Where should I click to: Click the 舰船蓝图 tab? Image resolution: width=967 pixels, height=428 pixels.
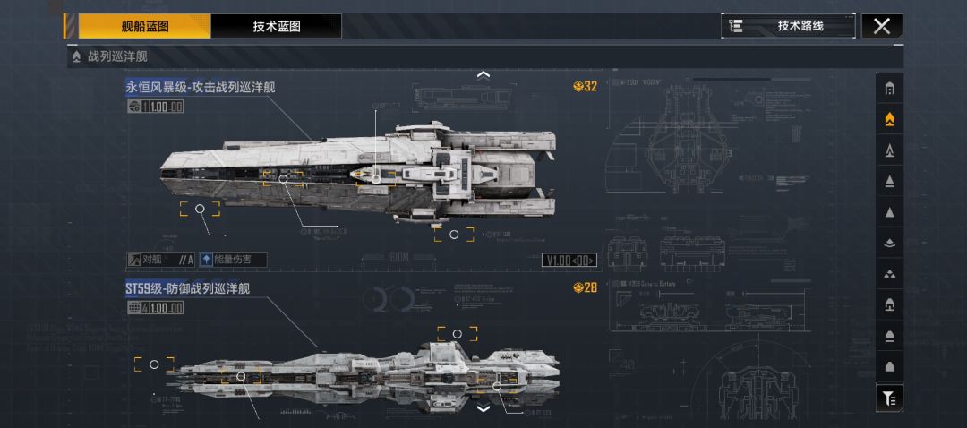(145, 26)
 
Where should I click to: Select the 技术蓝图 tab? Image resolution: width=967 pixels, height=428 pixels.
(276, 26)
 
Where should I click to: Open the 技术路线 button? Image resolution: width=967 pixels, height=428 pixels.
(788, 26)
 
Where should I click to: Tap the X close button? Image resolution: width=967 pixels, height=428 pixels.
(881, 26)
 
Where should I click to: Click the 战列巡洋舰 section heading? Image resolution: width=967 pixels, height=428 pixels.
(117, 56)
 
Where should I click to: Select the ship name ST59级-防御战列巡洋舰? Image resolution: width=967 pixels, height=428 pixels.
(187, 288)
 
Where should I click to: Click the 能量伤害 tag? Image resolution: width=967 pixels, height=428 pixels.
(232, 260)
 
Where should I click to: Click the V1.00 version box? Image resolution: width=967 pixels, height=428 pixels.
(569, 261)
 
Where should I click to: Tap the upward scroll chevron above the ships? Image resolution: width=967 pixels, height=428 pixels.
(483, 75)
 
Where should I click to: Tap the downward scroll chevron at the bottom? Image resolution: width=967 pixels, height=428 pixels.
(483, 408)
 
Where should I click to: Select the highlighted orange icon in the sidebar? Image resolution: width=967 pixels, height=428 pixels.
(889, 119)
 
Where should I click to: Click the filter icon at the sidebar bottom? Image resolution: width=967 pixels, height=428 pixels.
(889, 398)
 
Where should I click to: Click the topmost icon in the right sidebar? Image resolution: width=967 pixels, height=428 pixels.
(889, 89)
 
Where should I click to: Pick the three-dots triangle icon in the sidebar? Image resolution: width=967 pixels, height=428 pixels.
(889, 273)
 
